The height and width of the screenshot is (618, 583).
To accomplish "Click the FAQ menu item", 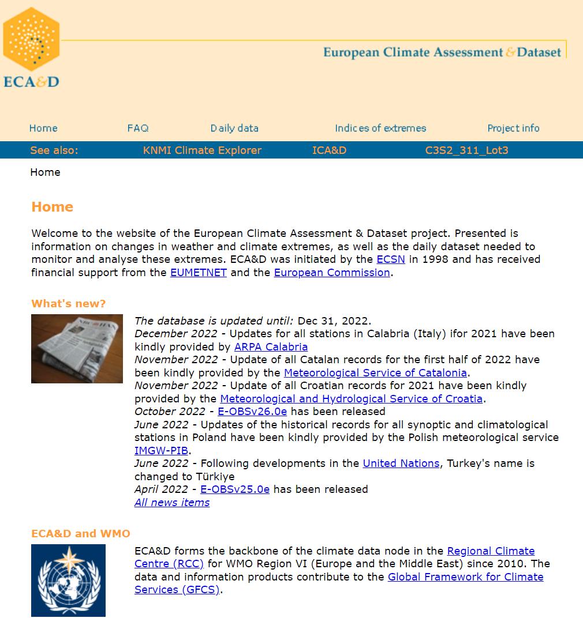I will pos(138,128).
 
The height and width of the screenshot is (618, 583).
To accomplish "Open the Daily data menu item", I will pos(234,128).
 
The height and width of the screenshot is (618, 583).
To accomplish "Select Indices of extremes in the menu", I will pos(380,128).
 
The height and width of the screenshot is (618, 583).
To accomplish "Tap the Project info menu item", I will pos(513,128).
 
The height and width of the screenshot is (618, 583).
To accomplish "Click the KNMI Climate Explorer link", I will pos(202,150).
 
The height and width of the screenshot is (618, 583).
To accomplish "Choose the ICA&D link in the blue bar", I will pos(329,150).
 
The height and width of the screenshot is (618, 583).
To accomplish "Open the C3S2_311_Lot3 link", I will pos(466,150).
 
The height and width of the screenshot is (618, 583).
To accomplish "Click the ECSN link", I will pos(391,259).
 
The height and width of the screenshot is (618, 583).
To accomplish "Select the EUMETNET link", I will pos(199,273).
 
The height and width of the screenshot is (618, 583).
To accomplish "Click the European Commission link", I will pos(332,273).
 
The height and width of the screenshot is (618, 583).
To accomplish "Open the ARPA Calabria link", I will pos(271,347).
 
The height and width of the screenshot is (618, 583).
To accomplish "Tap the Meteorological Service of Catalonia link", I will pos(375,373).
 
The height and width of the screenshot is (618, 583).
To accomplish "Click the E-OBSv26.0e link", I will pos(252,412).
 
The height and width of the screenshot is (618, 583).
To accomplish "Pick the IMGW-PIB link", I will pos(161,451).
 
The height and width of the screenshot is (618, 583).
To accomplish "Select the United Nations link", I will pos(401,463).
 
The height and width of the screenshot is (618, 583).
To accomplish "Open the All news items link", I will pos(172,503).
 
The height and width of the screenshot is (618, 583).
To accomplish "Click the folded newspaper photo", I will pos(77,349).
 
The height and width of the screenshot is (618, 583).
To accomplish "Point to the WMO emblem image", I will pos(68,580).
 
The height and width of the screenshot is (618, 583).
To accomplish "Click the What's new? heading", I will pos(69,304).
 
